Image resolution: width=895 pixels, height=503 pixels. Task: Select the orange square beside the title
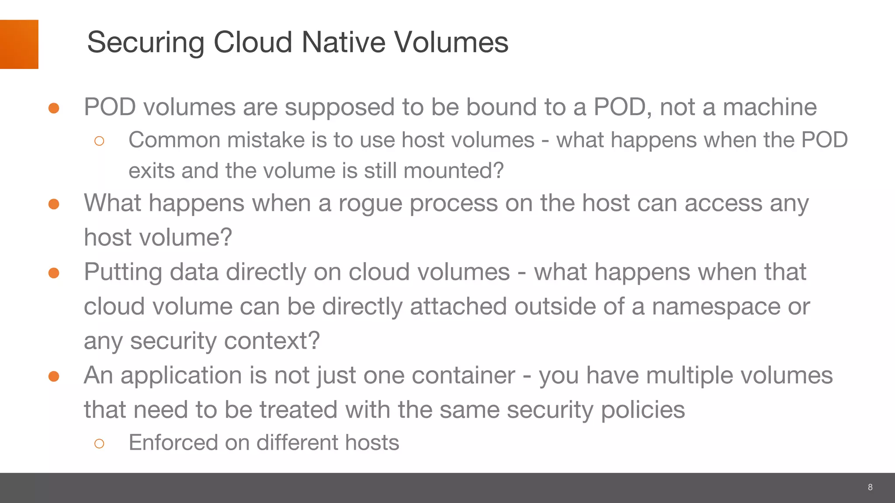[x=19, y=44]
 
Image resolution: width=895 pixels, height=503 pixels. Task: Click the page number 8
[x=870, y=487]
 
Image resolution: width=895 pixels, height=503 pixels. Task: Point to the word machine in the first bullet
[x=770, y=107]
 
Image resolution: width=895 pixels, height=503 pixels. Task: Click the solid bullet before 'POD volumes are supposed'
[x=54, y=108]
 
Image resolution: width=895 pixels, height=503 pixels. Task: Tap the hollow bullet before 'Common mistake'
[x=99, y=141]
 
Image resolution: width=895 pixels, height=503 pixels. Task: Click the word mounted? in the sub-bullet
[x=454, y=171]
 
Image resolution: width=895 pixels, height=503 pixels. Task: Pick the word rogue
[x=370, y=203]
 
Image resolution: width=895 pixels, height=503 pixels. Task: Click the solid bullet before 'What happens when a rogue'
[x=54, y=204]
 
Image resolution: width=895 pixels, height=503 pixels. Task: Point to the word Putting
[x=123, y=272]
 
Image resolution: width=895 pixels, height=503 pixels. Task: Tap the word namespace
[x=716, y=307]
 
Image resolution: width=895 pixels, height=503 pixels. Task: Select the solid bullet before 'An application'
[x=54, y=376]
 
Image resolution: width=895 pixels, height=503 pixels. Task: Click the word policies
[x=643, y=410]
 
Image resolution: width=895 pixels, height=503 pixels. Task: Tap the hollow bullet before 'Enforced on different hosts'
[x=99, y=444]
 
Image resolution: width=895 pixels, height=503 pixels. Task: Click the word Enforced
[x=173, y=443]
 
